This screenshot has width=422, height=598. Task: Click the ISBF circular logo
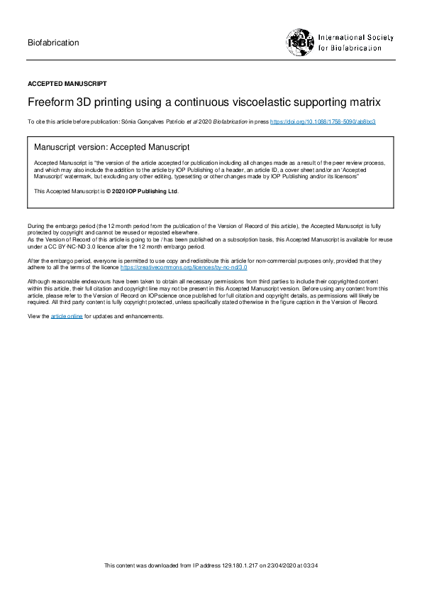(x=301, y=42)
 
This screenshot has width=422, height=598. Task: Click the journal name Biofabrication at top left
(x=53, y=43)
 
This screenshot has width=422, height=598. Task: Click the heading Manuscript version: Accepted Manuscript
(x=112, y=148)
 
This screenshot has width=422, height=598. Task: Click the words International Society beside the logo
(x=355, y=37)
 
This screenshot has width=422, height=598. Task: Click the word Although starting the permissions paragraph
(x=39, y=282)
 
